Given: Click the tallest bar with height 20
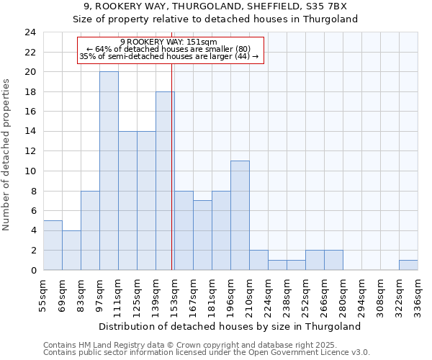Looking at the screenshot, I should [x=109, y=171].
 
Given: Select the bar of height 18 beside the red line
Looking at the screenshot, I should [x=165, y=181].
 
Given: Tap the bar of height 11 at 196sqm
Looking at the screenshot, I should [x=240, y=215].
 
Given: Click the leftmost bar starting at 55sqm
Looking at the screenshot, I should [x=53, y=245].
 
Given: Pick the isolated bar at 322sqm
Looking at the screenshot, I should [x=408, y=265].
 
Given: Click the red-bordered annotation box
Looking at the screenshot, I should [x=170, y=50].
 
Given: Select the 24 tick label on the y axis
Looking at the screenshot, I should [x=30, y=32].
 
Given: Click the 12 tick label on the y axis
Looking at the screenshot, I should [x=30, y=151].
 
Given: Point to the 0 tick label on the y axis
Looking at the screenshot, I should [x=32, y=270].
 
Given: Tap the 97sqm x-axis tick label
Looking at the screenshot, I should [x=99, y=294].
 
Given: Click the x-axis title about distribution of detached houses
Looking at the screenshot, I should [x=230, y=326].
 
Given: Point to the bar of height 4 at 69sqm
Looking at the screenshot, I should [x=71, y=250].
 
